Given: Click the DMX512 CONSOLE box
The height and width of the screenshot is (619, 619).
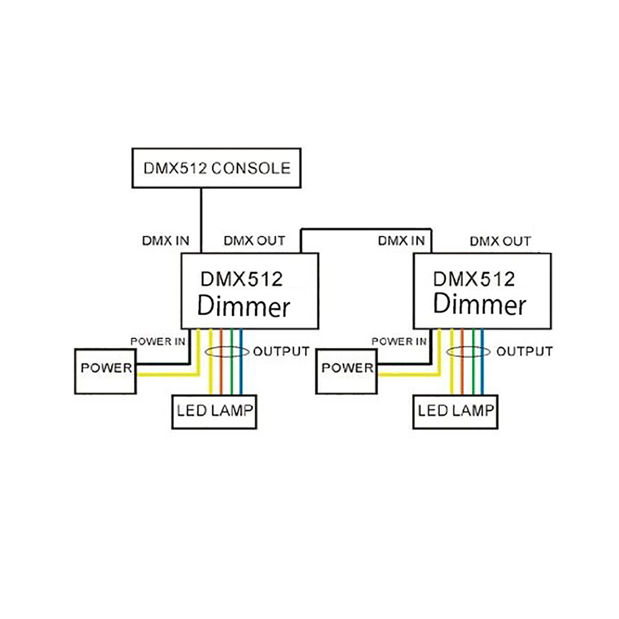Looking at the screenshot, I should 217,168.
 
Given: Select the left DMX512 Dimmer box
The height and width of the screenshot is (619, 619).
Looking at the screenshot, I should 249,291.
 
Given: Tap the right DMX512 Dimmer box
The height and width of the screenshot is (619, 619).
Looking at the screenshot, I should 482,291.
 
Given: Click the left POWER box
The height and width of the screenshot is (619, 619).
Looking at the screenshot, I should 105,371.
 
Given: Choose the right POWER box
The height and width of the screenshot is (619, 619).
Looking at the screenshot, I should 347,371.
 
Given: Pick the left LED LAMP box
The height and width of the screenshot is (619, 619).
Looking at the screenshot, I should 214,412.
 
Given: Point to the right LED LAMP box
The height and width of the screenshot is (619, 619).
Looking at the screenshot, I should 455,412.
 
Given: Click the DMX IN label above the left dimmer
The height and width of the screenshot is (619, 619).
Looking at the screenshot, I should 166,241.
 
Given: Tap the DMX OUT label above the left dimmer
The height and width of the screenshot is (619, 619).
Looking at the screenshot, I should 254,241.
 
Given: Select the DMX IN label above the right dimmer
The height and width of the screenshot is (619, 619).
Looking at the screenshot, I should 401,241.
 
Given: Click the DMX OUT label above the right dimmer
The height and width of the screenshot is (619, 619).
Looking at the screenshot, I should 500,241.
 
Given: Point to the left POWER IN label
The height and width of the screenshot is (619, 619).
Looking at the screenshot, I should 157,341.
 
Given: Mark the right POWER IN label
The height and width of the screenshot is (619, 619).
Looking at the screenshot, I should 399,341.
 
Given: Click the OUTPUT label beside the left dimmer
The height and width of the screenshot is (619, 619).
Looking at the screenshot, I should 281,352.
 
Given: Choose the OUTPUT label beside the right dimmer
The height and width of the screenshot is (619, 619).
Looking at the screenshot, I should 524,352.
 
